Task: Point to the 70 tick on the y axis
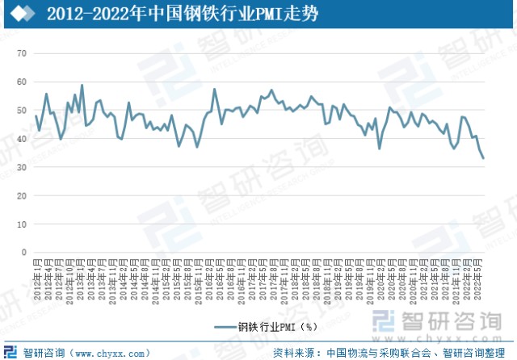pyautogui.click(x=23, y=53)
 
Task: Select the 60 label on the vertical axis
pyautogui.click(x=23, y=82)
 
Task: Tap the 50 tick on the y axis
pyautogui.click(x=23, y=110)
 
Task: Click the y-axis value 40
pyautogui.click(x=23, y=139)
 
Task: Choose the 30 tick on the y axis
pyautogui.click(x=23, y=167)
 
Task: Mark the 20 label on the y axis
pyautogui.click(x=23, y=195)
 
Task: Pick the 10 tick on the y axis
pyautogui.click(x=23, y=224)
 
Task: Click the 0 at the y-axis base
pyautogui.click(x=25, y=252)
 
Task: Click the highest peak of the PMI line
pyautogui.click(x=82, y=85)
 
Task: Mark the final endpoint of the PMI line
pyautogui.click(x=484, y=158)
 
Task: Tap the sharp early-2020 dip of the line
pyautogui.click(x=380, y=149)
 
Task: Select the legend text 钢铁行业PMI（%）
pyautogui.click(x=275, y=328)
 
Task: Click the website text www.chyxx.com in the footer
pyautogui.click(x=110, y=353)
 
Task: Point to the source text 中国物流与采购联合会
pyautogui.click(x=379, y=353)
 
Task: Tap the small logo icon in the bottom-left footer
pyautogui.click(x=11, y=352)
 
